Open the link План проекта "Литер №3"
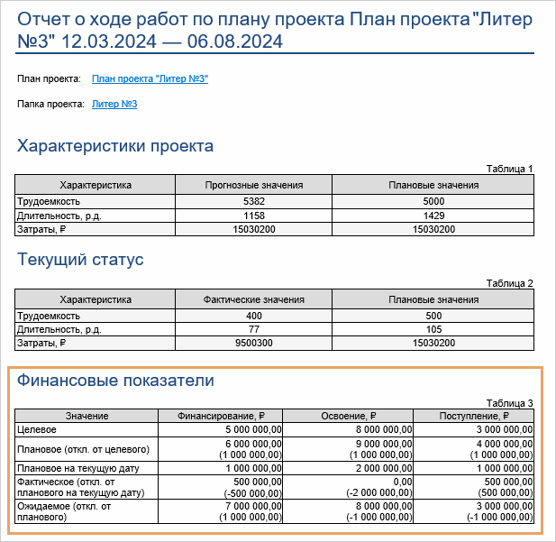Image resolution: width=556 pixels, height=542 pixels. (150, 79)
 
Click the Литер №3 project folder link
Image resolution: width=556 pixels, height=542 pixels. (114, 105)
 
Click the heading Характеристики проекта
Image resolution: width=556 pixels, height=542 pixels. (115, 146)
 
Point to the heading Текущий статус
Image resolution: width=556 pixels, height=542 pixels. (81, 260)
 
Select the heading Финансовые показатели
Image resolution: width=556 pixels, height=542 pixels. (116, 381)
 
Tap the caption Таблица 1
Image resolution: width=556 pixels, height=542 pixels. (509, 169)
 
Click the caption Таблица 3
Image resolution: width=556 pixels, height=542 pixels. (509, 403)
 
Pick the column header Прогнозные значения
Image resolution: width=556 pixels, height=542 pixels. (253, 185)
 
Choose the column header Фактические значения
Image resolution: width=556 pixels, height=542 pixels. (253, 299)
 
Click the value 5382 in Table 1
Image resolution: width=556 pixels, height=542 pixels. (253, 201)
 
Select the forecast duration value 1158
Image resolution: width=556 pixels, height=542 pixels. (253, 216)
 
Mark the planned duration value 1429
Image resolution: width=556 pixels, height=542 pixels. (433, 216)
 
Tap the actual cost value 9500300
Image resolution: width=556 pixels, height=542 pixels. (253, 344)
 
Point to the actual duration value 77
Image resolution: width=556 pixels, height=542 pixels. (253, 329)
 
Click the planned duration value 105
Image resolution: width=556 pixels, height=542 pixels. (433, 329)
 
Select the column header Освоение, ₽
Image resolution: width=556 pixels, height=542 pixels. (350, 416)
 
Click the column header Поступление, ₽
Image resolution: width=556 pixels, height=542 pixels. (474, 416)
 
